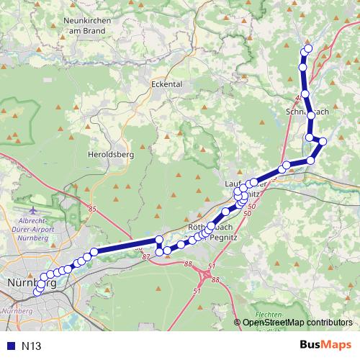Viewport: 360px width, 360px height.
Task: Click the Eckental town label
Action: tap(166, 84)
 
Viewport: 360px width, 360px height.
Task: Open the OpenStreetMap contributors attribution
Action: tap(299, 323)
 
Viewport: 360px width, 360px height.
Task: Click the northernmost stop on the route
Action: tap(309, 48)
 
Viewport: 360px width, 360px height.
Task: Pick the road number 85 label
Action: tap(92, 209)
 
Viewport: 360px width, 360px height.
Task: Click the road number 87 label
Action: tap(146, 256)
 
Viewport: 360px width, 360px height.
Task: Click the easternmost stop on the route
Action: tap(323, 141)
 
